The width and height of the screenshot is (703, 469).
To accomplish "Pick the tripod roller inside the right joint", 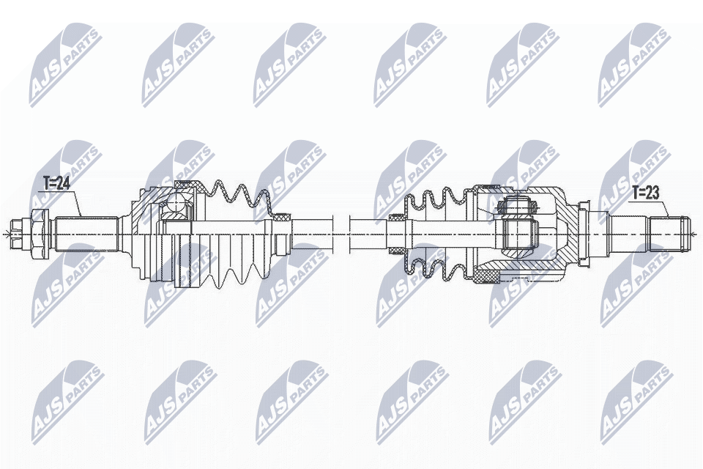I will [x=518, y=207].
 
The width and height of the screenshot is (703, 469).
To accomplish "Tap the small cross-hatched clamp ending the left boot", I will [x=281, y=217].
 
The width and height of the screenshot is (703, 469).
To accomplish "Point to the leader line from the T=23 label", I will [x=665, y=206].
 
